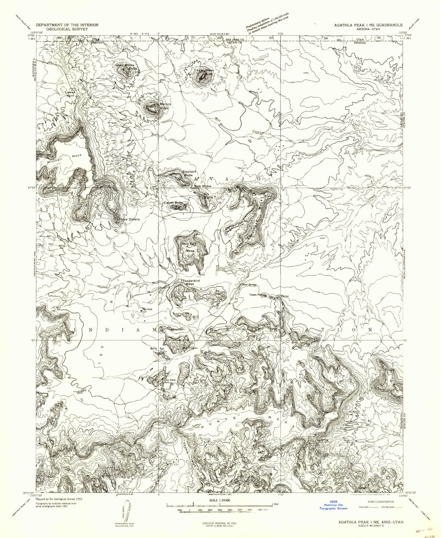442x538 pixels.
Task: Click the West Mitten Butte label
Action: pyautogui.click(x=126, y=67)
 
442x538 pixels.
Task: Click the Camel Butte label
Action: pyautogui.click(x=173, y=203)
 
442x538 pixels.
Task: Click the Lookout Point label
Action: pyautogui.click(x=70, y=94)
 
